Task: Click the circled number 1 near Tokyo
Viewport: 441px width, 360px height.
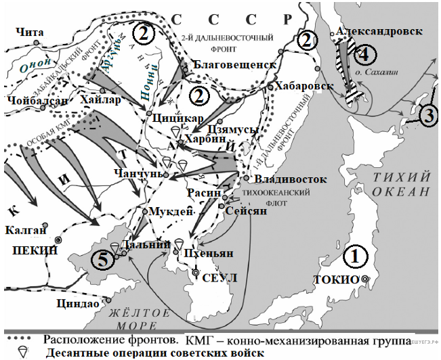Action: pyautogui.click(x=357, y=257)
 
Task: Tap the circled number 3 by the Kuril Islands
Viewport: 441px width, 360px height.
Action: pyautogui.click(x=428, y=114)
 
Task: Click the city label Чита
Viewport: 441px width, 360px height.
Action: pyautogui.click(x=28, y=31)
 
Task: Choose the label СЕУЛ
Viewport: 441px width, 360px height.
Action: pyautogui.click(x=219, y=278)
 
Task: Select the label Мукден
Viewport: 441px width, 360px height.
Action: pyautogui.click(x=166, y=211)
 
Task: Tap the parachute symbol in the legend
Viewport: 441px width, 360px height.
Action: pyautogui.click(x=22, y=351)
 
